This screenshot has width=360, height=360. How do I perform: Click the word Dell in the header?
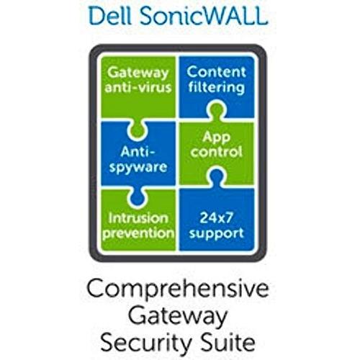coord(110,16)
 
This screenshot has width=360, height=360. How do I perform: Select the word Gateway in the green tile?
coord(138,73)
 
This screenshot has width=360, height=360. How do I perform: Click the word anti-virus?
coord(138,87)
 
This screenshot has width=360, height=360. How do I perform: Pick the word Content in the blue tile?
coord(217,72)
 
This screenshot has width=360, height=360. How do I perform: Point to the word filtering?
coord(217,87)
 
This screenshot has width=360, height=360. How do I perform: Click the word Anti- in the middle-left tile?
coord(138,152)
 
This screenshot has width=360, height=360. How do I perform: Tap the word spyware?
coord(138,167)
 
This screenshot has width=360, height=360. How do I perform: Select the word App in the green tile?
coord(216,138)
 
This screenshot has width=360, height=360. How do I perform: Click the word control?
coord(216,152)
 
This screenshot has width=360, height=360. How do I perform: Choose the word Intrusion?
coord(138,218)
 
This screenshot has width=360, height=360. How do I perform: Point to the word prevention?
coord(138,233)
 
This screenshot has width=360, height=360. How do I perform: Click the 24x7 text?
coord(216,218)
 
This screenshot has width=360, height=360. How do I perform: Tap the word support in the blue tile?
coord(216,233)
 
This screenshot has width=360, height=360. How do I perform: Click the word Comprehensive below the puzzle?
coord(178,289)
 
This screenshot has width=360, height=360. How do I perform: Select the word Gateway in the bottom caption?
coord(178,316)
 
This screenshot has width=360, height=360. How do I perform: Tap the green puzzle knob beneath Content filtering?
coord(216,111)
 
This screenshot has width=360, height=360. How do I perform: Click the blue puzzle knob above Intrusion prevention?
coord(137,197)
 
